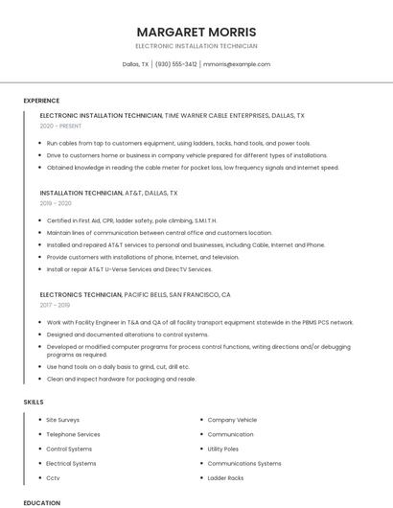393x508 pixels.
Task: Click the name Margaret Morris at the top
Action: (x=196, y=32)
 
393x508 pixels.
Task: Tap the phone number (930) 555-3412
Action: (x=175, y=64)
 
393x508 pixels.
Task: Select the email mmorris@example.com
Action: (x=237, y=64)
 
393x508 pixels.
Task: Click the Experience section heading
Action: (x=41, y=101)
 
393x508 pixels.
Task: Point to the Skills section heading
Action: (x=34, y=402)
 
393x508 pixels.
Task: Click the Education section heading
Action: (x=42, y=502)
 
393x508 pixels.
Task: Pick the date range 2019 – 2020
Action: (x=57, y=203)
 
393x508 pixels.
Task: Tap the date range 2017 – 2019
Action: (x=57, y=306)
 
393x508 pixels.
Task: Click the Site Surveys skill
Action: (x=63, y=420)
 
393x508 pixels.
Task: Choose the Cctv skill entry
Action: (x=53, y=477)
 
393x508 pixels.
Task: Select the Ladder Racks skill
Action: (x=225, y=477)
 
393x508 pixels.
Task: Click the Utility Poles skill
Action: (x=223, y=449)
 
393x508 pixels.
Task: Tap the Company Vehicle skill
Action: (x=232, y=420)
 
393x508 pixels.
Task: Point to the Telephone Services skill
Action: (x=73, y=434)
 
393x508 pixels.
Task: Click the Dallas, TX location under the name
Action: (x=135, y=64)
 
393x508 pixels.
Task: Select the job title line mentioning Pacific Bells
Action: (x=135, y=294)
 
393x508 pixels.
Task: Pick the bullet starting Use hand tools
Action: (x=118, y=366)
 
